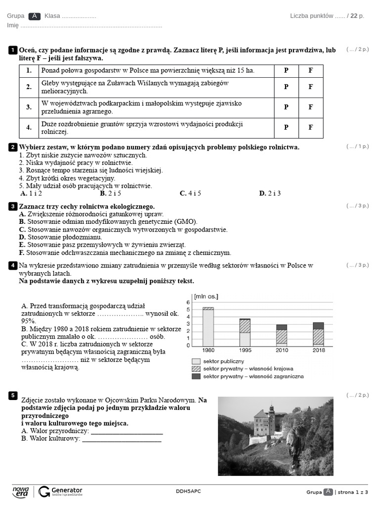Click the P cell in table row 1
coord(286,70)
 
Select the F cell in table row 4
coord(311,127)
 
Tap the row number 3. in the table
coord(29,107)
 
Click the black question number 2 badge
coord(13,147)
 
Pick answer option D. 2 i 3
coord(270,194)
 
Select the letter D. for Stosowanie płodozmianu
coord(22,237)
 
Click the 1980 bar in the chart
coord(208,326)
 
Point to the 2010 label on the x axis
coord(282,350)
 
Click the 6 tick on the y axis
coord(188,303)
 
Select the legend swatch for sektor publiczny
coord(196,361)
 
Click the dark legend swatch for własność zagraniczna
coord(196,376)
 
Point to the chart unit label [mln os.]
coord(206,296)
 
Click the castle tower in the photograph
coord(271,412)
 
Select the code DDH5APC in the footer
coord(189,491)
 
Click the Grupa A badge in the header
coord(34,16)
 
